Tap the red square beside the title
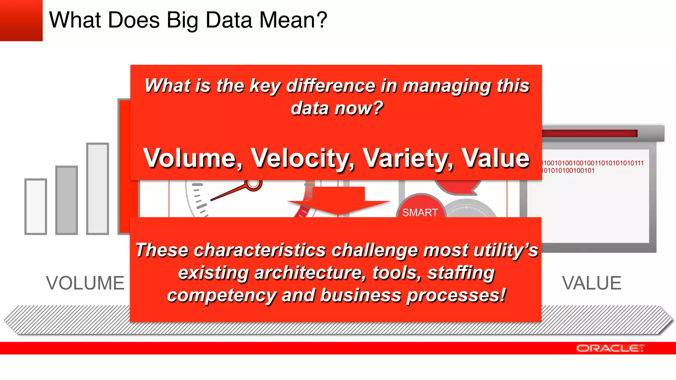click(x=21, y=20)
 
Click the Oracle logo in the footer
click(x=610, y=348)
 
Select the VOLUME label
click(x=85, y=283)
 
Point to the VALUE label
click(x=591, y=283)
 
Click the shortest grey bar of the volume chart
click(x=36, y=207)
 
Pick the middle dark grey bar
click(x=67, y=200)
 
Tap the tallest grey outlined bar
click(x=98, y=189)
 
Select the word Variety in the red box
click(x=408, y=158)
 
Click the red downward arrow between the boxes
click(x=338, y=201)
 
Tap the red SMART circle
click(x=420, y=208)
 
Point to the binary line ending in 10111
click(x=592, y=163)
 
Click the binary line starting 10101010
click(x=568, y=171)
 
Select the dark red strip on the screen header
click(x=590, y=133)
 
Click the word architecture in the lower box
click(x=310, y=273)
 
